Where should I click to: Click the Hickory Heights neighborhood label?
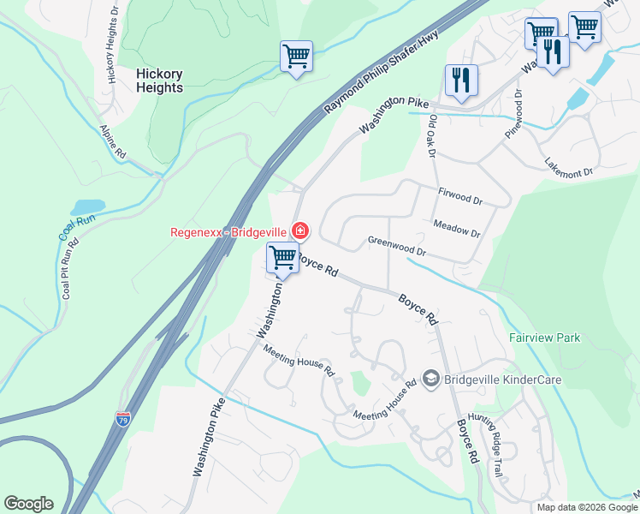160,81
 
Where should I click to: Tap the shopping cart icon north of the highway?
296,57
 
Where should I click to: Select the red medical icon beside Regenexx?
300,230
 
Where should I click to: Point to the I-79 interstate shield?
123,419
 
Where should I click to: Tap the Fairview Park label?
544,338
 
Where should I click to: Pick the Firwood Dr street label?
460,197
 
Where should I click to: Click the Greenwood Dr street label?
396,246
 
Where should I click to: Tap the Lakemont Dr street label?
569,167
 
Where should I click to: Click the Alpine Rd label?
114,141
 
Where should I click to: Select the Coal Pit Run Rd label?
66,272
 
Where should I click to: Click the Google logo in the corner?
28,504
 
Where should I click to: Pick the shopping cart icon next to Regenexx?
281,257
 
